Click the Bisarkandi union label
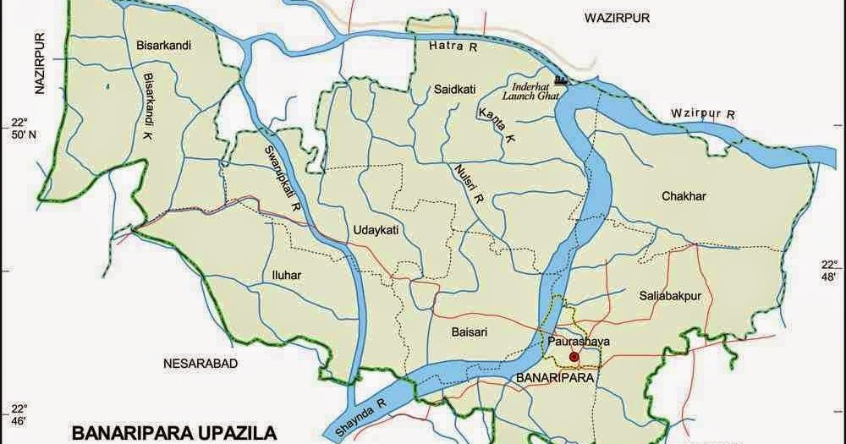158,45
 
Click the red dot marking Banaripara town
575,357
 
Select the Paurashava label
579,342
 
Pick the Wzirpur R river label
702,112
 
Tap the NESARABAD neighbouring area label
200,364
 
